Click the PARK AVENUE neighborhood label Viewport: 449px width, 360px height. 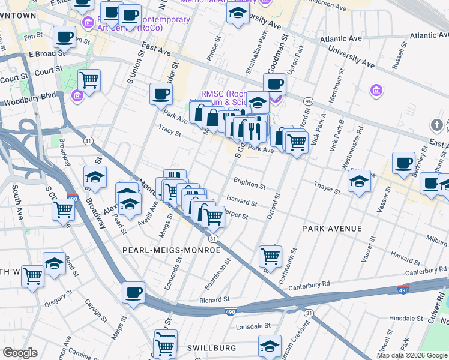(x=332, y=229)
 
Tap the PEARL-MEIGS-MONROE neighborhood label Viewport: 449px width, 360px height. (x=159, y=249)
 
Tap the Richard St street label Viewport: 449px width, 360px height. (x=214, y=299)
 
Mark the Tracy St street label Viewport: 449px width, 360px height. (x=169, y=130)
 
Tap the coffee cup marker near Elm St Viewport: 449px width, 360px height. (x=64, y=37)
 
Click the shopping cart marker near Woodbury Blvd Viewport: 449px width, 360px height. (x=89, y=79)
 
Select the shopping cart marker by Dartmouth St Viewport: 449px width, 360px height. (x=270, y=256)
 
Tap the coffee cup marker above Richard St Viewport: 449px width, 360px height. (x=133, y=293)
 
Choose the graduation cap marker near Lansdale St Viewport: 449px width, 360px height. (x=270, y=346)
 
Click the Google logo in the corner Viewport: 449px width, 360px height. (x=20, y=352)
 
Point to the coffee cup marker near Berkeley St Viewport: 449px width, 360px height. (x=403, y=163)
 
